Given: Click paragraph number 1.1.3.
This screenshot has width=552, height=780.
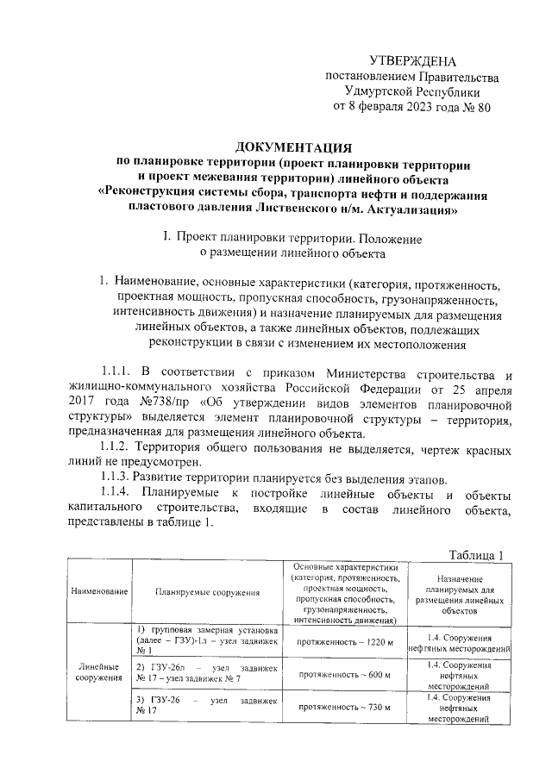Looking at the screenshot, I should pyautogui.click(x=118, y=480).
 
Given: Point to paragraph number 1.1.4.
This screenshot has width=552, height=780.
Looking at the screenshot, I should pyautogui.click(x=119, y=496).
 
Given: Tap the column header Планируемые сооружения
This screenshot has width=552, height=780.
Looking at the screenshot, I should pyautogui.click(x=208, y=593).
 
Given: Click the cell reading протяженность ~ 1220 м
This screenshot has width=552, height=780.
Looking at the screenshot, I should pyautogui.click(x=345, y=643).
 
